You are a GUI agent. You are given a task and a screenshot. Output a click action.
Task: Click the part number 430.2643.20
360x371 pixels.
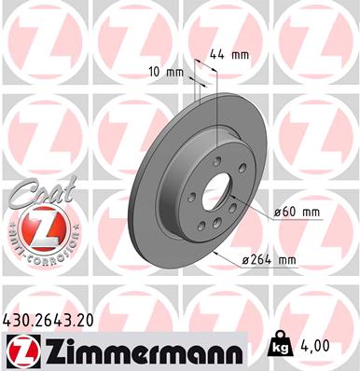(55, 319)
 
